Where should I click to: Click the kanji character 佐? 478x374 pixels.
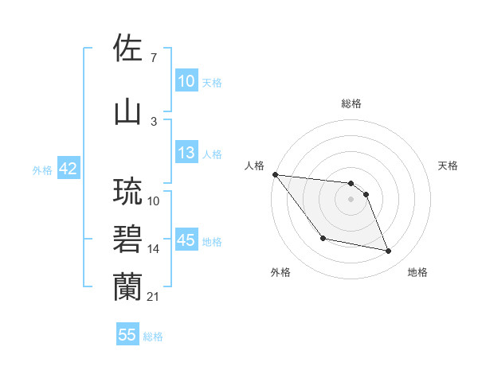tap(127, 50)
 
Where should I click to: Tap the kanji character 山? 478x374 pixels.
tap(127, 111)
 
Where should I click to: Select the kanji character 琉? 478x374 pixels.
tap(127, 192)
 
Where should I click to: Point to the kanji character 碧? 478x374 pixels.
tap(127, 239)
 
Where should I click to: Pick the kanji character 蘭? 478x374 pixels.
tap(127, 286)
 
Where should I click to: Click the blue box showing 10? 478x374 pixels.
tap(186, 81)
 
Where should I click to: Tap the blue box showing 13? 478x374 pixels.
tap(186, 154)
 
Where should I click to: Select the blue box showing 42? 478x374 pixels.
tap(67, 169)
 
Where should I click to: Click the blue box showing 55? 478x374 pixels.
tap(127, 335)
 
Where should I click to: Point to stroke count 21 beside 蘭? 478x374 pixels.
tap(154, 297)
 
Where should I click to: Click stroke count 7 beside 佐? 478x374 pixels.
tap(153, 58)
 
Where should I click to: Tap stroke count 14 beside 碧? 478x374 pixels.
tap(154, 249)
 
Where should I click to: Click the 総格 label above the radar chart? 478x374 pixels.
tap(351, 103)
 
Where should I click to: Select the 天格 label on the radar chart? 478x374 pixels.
tap(449, 166)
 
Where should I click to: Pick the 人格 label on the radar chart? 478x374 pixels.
tap(254, 166)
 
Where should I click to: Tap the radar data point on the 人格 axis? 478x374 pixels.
tap(275, 174)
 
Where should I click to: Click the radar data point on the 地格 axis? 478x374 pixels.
tap(389, 251)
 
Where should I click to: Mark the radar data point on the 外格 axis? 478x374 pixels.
tap(323, 238)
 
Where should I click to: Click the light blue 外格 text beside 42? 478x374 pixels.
tap(42, 170)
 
